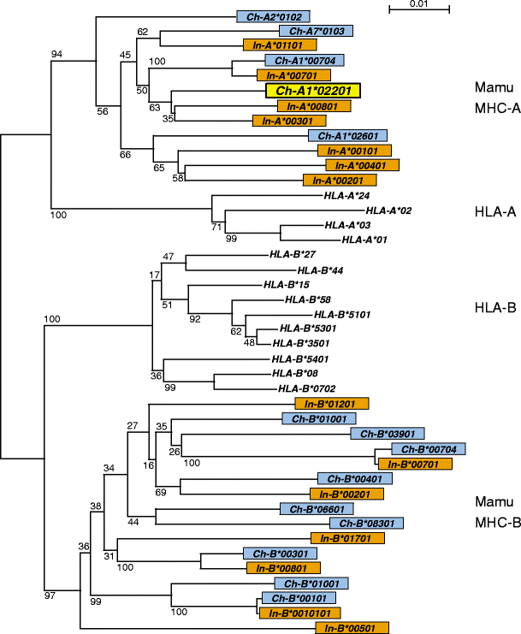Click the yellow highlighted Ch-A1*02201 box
(x=313, y=90)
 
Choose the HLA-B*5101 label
(x=345, y=314)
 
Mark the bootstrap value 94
(x=56, y=55)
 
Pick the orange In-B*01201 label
(x=331, y=403)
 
